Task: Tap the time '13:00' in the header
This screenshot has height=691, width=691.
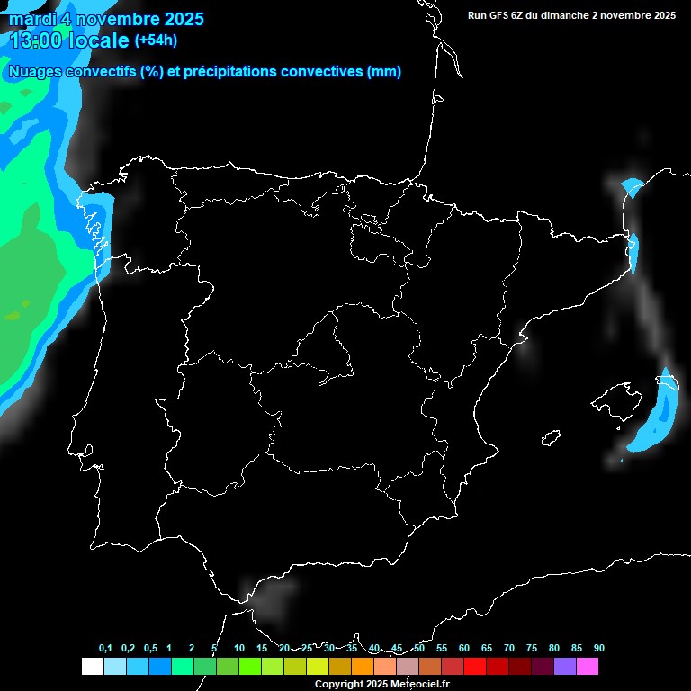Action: coord(35,40)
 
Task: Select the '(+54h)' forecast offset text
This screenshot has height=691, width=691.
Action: coord(156,40)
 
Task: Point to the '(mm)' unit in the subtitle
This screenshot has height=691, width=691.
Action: coord(384,72)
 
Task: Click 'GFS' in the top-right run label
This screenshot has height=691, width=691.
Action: coord(502,15)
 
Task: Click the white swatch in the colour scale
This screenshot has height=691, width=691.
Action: coord(92,667)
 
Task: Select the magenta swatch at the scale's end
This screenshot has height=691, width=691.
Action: coord(587,667)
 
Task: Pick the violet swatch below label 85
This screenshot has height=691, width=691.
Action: coord(564,667)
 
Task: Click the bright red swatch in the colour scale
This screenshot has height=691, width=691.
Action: coord(474,667)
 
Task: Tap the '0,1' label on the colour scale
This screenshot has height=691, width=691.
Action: coord(105,649)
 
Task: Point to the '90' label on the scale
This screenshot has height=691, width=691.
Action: coord(598,649)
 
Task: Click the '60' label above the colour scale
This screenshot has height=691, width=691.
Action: coord(463,649)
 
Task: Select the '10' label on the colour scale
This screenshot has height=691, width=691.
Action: coord(238,649)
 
